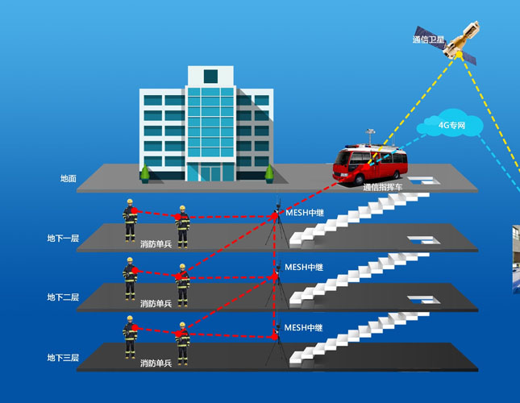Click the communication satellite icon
pyautogui.click(x=457, y=38)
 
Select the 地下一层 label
pyautogui.click(x=63, y=239)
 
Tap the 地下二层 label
pyautogui.click(x=63, y=297)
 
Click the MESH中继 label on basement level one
pyautogui.click(x=304, y=214)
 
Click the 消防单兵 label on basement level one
pyautogui.click(x=156, y=243)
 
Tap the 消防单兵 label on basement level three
pyautogui.click(x=156, y=364)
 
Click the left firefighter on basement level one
pyautogui.click(x=130, y=220)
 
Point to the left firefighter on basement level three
pyautogui.click(x=130, y=338)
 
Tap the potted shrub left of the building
pyautogui.click(x=145, y=172)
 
